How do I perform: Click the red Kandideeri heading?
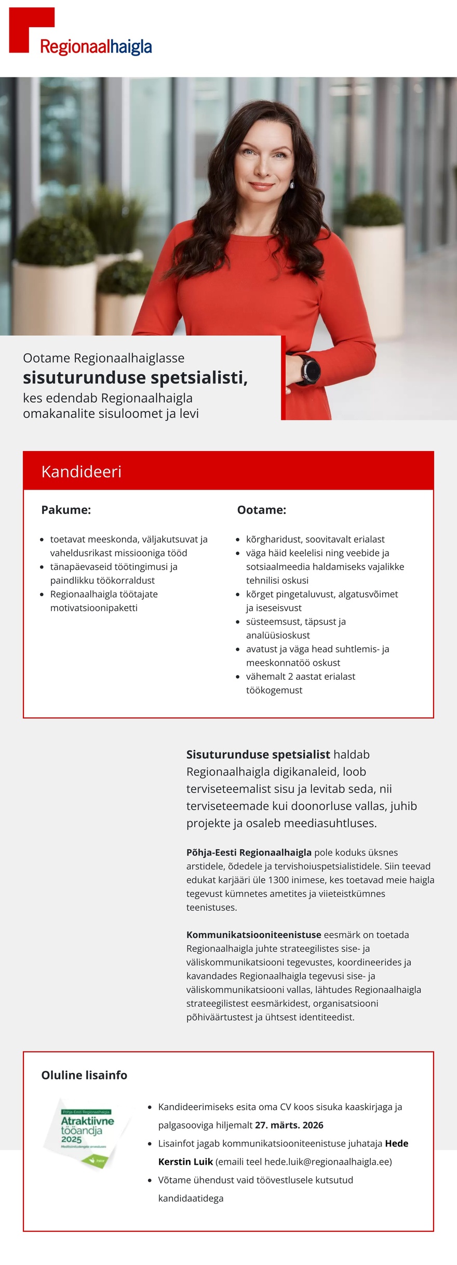82,471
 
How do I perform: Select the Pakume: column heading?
66,510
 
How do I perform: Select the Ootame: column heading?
261,510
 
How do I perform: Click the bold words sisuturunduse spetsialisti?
135,378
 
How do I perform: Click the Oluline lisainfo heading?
84,1075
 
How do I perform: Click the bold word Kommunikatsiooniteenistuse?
253,935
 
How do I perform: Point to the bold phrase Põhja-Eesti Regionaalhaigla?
249,852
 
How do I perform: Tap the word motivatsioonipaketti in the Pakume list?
94,608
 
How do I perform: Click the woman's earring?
292,185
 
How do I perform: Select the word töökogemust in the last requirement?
274,690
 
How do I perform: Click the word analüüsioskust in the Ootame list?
278,636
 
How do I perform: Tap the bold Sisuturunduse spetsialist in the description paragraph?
258,755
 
